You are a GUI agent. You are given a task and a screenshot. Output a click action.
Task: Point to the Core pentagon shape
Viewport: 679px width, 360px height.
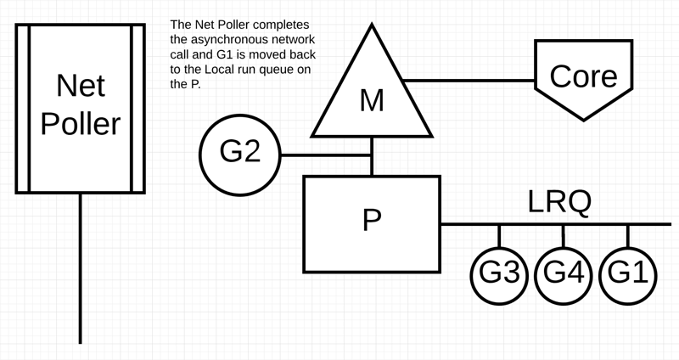[583, 76]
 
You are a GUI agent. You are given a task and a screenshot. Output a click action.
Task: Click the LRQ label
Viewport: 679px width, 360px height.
[559, 202]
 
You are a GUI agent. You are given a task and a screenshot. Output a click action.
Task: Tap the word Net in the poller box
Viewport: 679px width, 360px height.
[80, 85]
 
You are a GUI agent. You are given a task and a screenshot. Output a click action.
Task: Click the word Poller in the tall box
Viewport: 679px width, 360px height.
[80, 124]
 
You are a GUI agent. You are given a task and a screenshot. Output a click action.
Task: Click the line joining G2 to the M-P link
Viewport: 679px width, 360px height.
[326, 155]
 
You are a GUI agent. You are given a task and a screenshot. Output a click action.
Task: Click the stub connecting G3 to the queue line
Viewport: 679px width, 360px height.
[500, 234]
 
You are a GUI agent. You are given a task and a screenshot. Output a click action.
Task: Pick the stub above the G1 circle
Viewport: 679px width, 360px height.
[628, 234]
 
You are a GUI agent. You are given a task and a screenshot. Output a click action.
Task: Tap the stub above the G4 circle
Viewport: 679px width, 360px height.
[564, 234]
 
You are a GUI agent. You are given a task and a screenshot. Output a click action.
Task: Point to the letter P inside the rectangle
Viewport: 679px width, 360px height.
[372, 220]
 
